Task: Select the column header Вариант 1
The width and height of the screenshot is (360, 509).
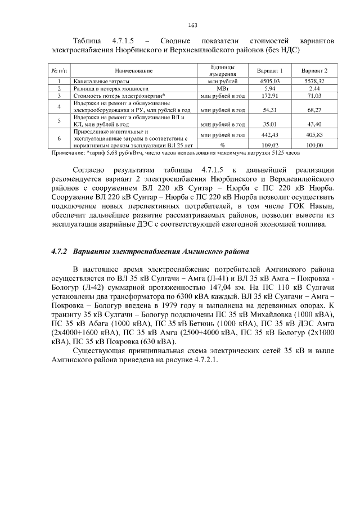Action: coord(269,71)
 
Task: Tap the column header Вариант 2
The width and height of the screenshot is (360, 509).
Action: coord(314,71)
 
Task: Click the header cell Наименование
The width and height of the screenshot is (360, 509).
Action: coord(134,71)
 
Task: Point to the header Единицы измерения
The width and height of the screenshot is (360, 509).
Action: coord(222,71)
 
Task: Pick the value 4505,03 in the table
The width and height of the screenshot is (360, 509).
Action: coord(269,82)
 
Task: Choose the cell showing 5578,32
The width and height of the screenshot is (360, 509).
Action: coord(314,82)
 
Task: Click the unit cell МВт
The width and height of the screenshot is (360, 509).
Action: coord(222,89)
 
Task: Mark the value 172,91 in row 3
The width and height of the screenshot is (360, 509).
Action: coord(269,96)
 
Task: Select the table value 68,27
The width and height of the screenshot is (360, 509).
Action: coord(314,110)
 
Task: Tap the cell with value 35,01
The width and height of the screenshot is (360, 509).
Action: coord(269,124)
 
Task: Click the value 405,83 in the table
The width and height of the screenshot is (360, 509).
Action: coord(314,135)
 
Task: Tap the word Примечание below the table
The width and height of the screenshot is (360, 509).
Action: coord(69,152)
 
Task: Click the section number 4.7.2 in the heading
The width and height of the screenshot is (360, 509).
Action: coord(59,250)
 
